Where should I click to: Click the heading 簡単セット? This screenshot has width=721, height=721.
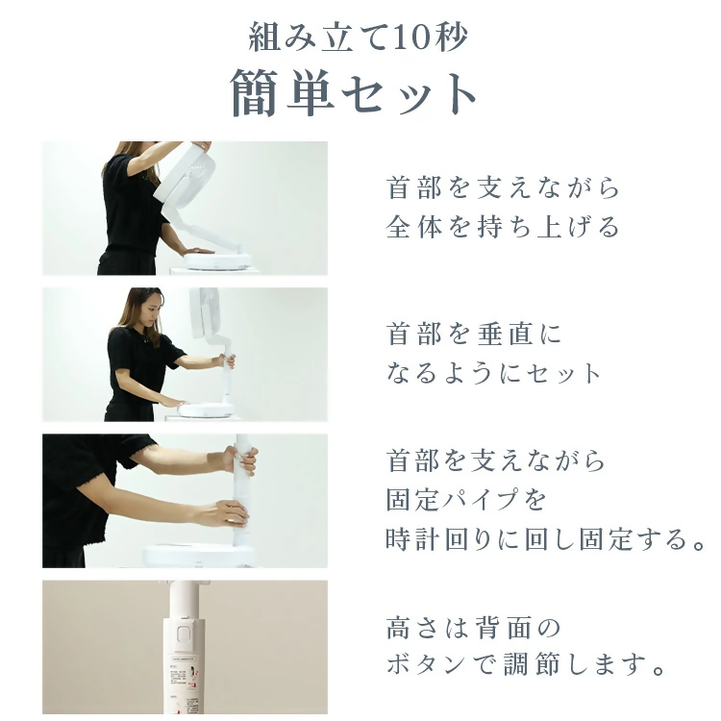pos(355,94)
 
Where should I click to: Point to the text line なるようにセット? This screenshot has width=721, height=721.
pos(494,373)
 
